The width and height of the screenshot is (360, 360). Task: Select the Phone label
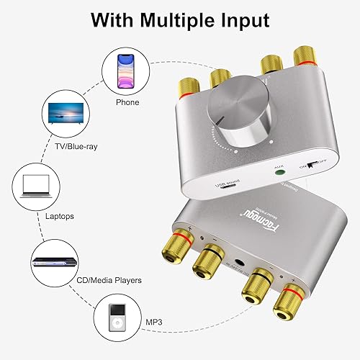point(127,102)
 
